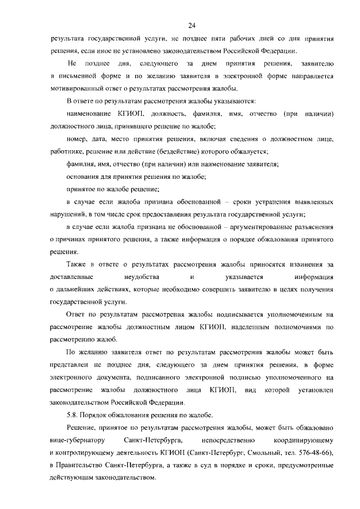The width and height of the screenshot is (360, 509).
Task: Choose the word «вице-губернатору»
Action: point(78,439)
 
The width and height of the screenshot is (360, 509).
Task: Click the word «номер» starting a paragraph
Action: point(76,138)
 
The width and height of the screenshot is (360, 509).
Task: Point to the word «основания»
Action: point(84,176)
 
